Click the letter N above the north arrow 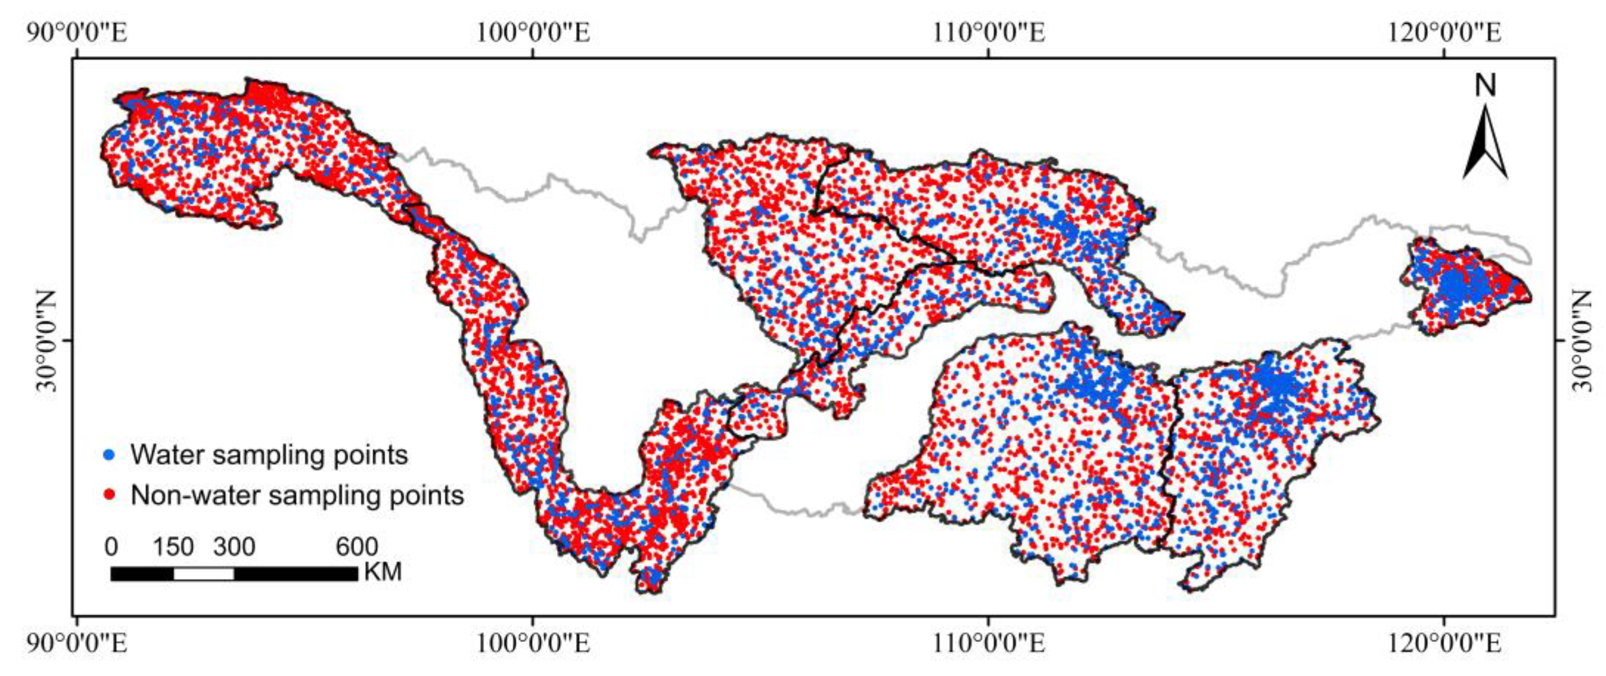(1486, 86)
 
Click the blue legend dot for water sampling (110, 455)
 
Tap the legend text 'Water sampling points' (269, 455)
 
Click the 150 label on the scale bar (173, 547)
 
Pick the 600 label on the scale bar (357, 547)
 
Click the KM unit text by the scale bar (383, 572)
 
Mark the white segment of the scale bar (204, 574)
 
